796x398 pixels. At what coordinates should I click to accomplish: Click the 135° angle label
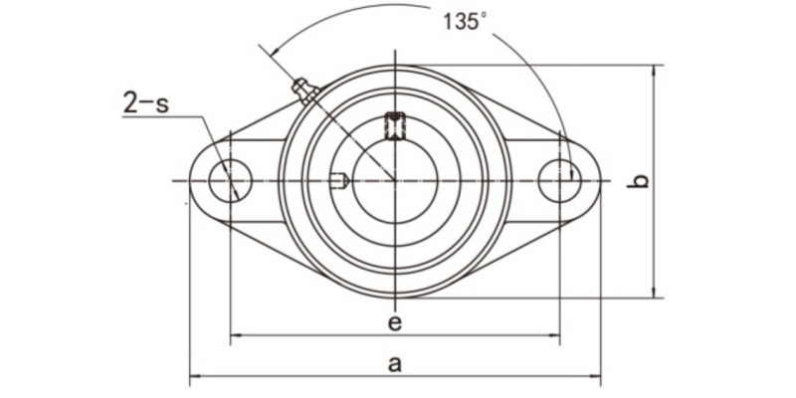(466, 21)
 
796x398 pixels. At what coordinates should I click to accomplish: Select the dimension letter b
(642, 181)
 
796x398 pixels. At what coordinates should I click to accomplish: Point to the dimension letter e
(394, 322)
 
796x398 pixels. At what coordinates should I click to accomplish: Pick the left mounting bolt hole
(230, 181)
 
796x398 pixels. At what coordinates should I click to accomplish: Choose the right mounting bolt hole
(559, 181)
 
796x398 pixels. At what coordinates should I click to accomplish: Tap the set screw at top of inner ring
(395, 126)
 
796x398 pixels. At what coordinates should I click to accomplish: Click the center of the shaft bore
(395, 181)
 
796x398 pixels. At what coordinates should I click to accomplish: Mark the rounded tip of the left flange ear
(190, 181)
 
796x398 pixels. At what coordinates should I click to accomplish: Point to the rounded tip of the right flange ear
(600, 181)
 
